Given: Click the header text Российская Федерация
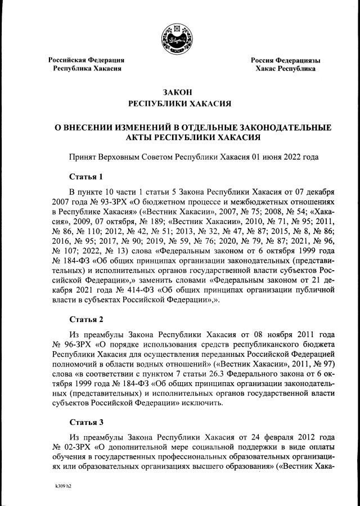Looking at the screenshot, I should click(x=86, y=60).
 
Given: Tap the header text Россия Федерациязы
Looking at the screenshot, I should click(x=285, y=60).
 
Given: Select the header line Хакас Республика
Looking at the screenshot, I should click(x=285, y=69).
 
